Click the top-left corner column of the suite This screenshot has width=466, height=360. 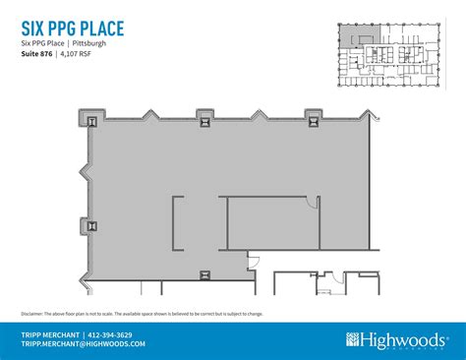click(92, 122)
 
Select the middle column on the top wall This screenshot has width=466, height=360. click(204, 121)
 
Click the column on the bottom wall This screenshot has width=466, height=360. click(204, 274)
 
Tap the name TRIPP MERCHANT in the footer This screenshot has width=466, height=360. click(51, 334)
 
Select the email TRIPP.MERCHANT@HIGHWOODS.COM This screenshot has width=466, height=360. click(84, 344)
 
